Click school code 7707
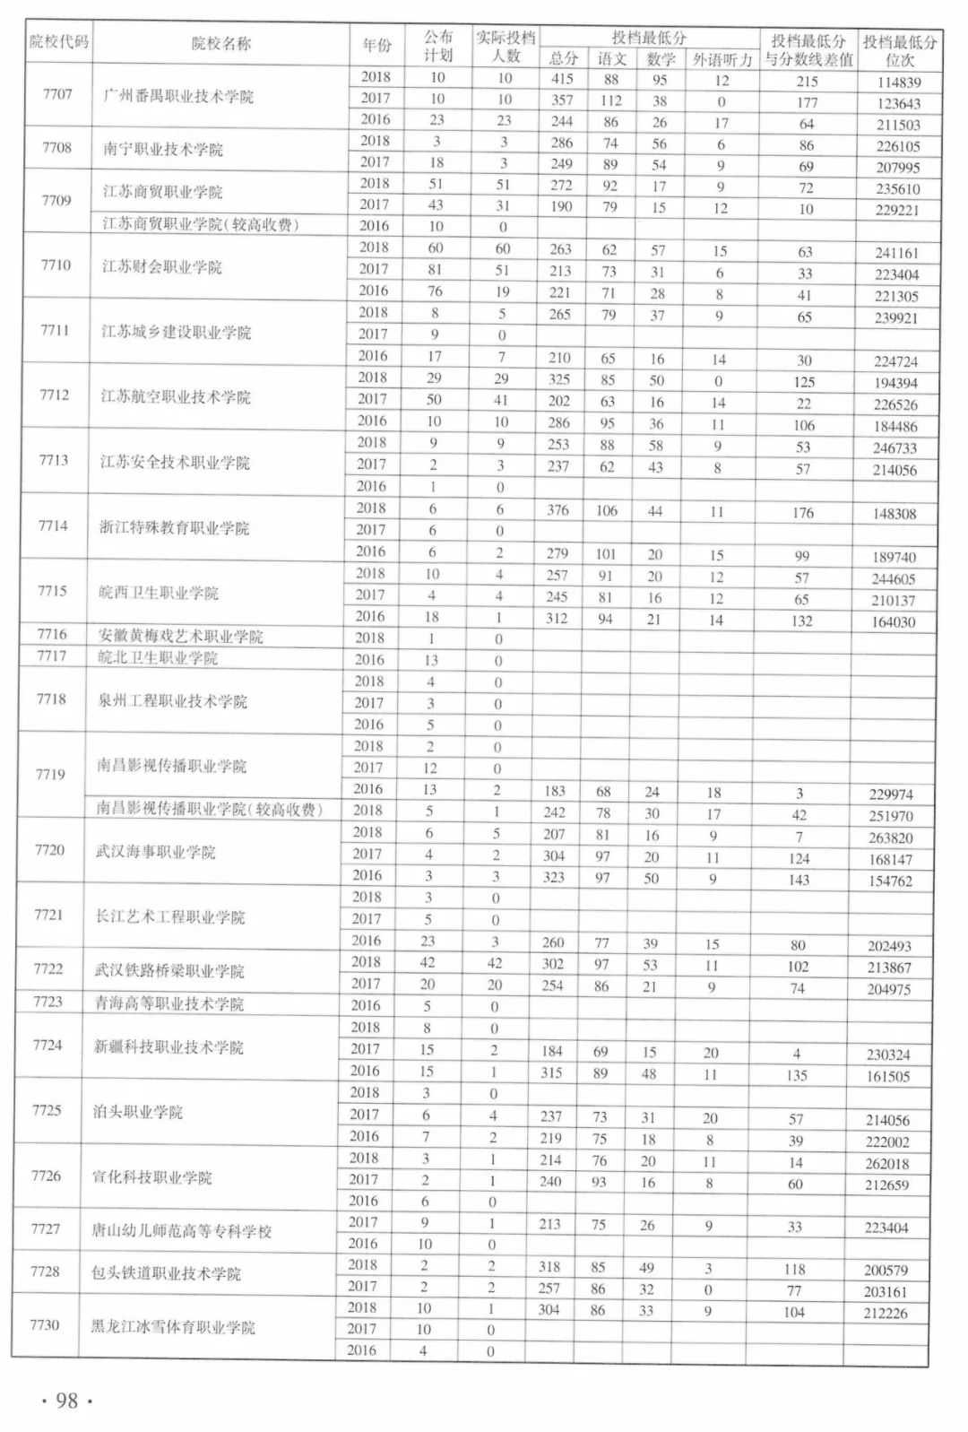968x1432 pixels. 57,94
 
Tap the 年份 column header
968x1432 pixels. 376,45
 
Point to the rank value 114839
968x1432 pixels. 899,82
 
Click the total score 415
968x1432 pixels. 562,80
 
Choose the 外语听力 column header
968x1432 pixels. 722,60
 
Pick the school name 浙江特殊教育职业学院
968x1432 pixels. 174,527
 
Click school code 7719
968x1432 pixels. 50,774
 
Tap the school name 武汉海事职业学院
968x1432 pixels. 155,852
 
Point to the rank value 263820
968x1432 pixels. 891,838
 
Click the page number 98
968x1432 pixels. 67,1401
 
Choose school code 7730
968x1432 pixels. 45,1324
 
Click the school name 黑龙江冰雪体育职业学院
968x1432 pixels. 172,1326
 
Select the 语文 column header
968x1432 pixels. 611,59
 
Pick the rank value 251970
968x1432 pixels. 891,816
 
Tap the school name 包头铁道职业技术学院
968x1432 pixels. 166,1273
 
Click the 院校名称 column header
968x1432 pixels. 221,44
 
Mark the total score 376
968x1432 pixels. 558,510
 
